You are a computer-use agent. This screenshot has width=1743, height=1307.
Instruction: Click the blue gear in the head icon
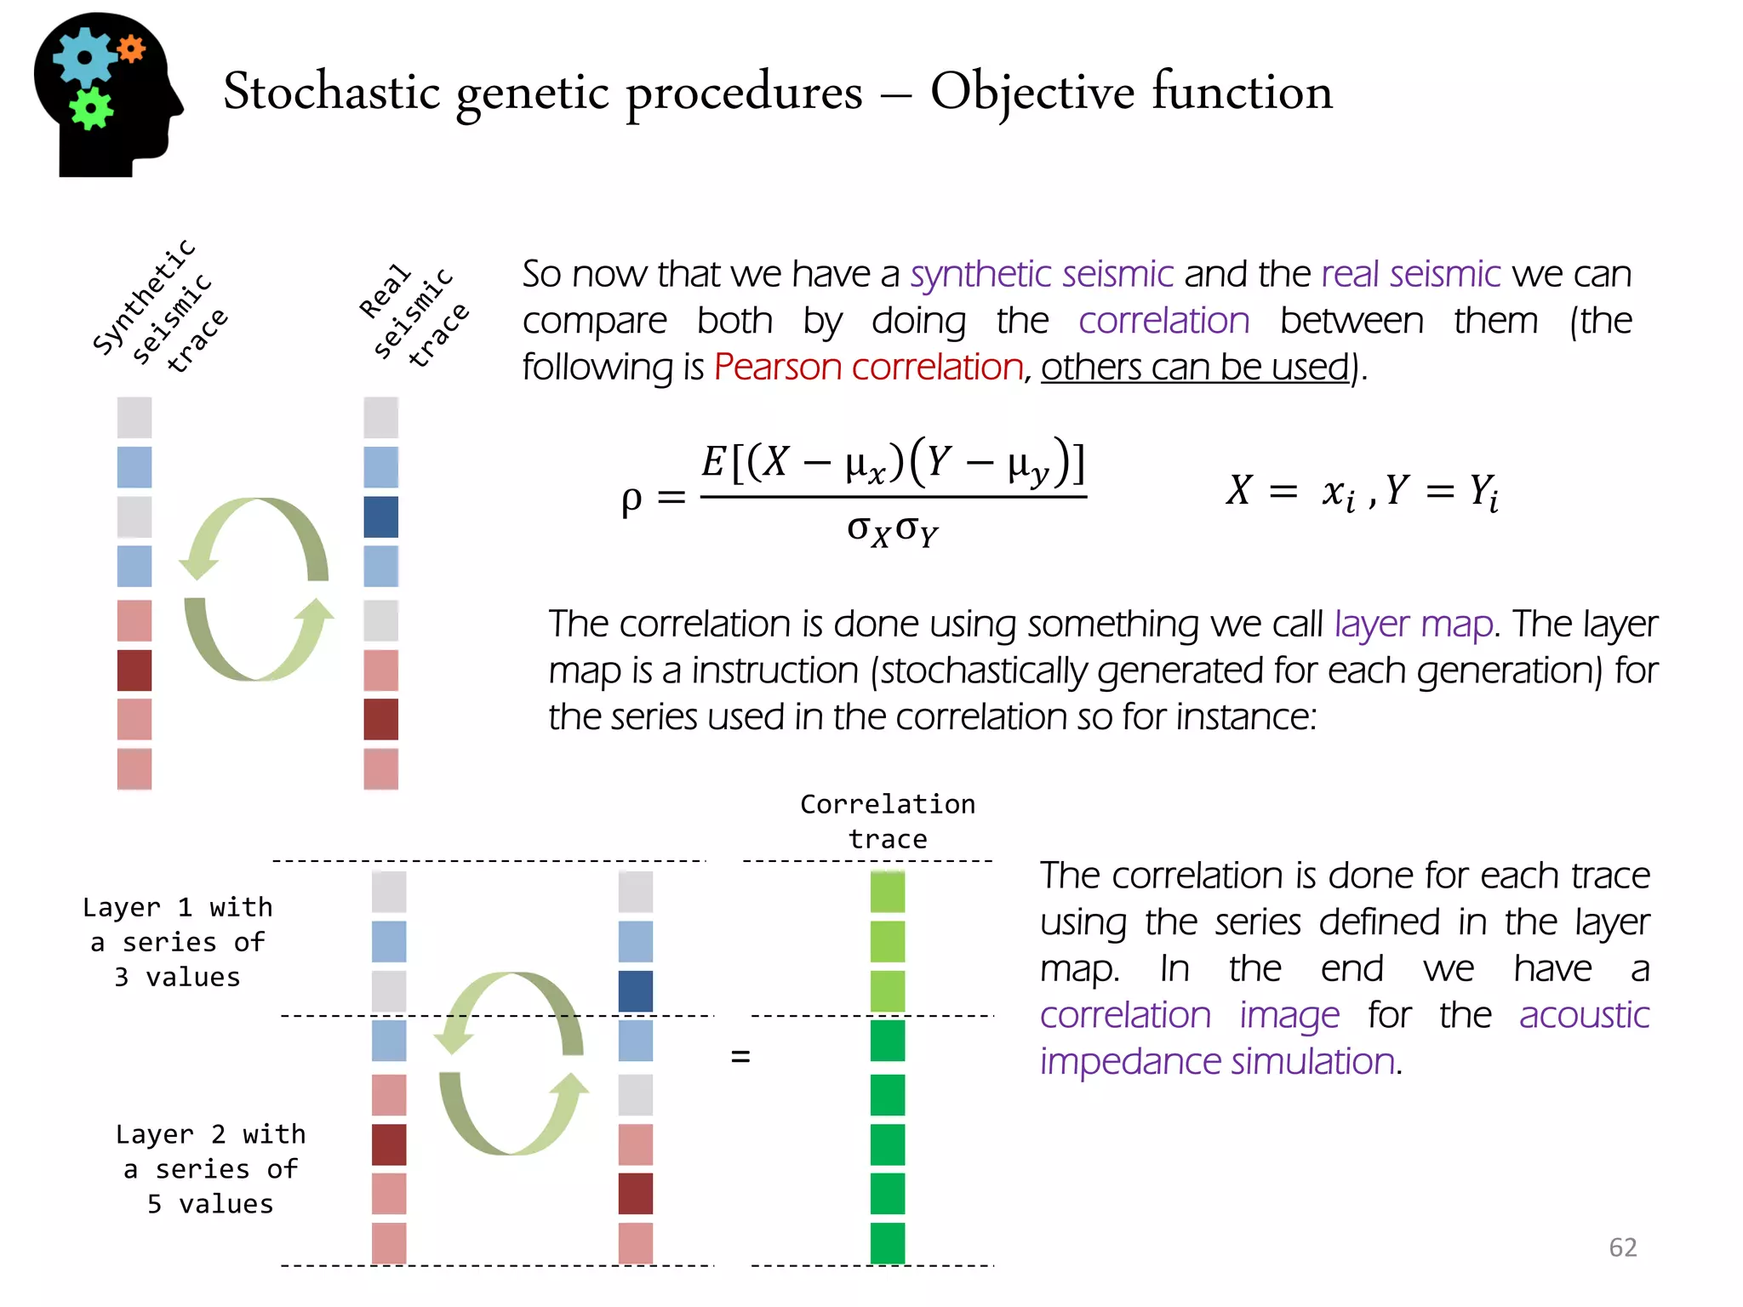coord(84,58)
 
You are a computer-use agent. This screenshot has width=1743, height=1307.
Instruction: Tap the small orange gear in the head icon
coord(131,49)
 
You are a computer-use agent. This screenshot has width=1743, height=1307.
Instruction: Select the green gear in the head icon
coord(90,109)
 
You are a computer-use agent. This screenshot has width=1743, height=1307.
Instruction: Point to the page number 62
coord(1622,1247)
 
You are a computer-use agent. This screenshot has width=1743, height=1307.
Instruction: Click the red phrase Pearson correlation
coord(868,368)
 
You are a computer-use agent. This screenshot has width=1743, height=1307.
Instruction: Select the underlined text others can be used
coord(1195,368)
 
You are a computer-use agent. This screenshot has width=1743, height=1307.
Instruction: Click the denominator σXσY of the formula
coord(892,531)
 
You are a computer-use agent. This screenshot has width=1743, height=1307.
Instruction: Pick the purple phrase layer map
coord(1414,625)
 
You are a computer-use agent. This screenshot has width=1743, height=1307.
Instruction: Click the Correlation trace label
coord(888,821)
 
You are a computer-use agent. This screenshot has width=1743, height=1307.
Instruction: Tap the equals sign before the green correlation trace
coord(740,1057)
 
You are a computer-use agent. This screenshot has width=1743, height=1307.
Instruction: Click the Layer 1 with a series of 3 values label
coord(178,942)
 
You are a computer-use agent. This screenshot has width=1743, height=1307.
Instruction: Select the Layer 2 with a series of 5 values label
coord(210,1169)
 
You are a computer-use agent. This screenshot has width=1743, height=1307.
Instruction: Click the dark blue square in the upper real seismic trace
coord(380,517)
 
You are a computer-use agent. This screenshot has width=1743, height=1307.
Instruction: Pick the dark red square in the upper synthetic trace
coord(134,671)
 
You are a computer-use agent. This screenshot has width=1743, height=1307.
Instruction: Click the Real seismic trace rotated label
coord(414,316)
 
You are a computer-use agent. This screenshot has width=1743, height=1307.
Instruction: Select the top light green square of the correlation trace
coord(888,892)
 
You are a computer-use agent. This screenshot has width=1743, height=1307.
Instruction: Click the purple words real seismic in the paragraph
coord(1410,275)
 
